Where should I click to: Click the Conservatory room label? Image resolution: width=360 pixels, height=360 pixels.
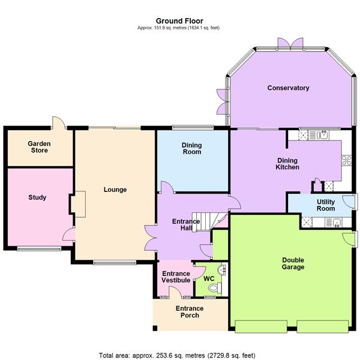click(x=288, y=88)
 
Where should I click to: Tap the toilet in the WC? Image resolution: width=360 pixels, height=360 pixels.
click(x=210, y=289)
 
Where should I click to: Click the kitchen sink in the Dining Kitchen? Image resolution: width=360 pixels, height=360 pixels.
click(x=323, y=135)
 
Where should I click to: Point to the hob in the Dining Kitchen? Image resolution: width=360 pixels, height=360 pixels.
click(x=346, y=160)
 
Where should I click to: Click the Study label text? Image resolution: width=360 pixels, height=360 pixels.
click(x=37, y=197)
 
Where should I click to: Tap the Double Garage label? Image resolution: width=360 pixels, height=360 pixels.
click(x=293, y=263)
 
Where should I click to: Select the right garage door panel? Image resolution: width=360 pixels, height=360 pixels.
click(x=323, y=326)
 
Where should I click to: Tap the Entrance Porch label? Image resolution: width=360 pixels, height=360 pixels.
click(x=190, y=313)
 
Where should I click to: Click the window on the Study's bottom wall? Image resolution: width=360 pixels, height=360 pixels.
click(x=39, y=248)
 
